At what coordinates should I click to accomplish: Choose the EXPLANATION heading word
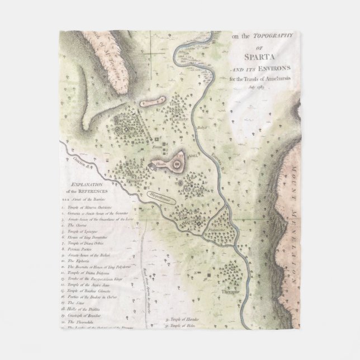coord(84,183)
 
